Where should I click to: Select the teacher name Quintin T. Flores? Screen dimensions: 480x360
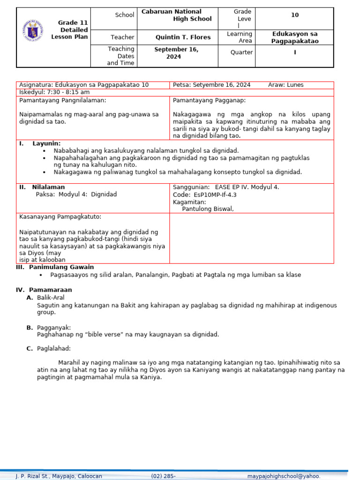[x=183, y=37]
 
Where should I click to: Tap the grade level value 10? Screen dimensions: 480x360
[x=294, y=15]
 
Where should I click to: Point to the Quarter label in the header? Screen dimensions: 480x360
[x=241, y=52]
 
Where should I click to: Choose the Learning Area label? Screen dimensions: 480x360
[x=239, y=37]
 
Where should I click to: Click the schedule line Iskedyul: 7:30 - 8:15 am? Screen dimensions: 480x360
[x=54, y=92]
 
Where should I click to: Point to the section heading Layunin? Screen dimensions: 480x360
[x=46, y=143]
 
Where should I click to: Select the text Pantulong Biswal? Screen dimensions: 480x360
[x=208, y=209]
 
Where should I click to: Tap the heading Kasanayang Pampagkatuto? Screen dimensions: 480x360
[x=60, y=217]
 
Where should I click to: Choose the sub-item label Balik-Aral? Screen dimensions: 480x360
[x=51, y=297]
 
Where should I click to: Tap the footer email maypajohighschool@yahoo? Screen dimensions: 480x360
[x=284, y=476]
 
